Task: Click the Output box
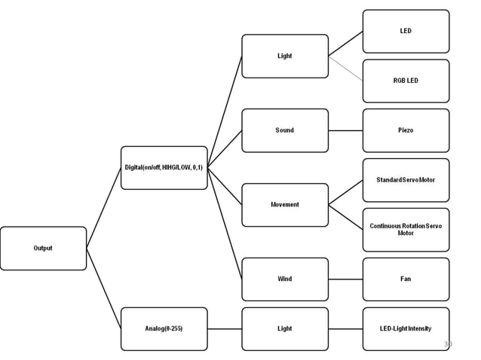pyautogui.click(x=43, y=248)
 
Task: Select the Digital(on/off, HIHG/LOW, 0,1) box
pyautogui.click(x=164, y=167)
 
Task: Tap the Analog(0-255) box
pyautogui.click(x=164, y=328)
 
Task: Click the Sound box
pyautogui.click(x=284, y=130)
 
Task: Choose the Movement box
pyautogui.click(x=284, y=204)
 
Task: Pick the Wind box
pyautogui.click(x=284, y=279)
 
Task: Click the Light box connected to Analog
pyautogui.click(x=284, y=328)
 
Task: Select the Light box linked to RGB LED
pyautogui.click(x=284, y=56)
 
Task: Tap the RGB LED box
pyautogui.click(x=406, y=81)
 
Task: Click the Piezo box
pyautogui.click(x=406, y=130)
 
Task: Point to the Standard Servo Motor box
pyautogui.click(x=406, y=180)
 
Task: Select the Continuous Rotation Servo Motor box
pyautogui.click(x=406, y=230)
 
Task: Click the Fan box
pyautogui.click(x=406, y=279)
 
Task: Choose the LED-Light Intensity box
pyautogui.click(x=406, y=328)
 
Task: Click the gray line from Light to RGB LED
pyautogui.click(x=345, y=68)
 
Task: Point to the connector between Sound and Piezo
pyautogui.click(x=345, y=130)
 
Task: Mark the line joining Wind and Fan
pyautogui.click(x=345, y=279)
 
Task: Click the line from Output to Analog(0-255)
pyautogui.click(x=104, y=288)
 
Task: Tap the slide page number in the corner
pyautogui.click(x=448, y=344)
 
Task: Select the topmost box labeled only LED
pyautogui.click(x=406, y=31)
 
